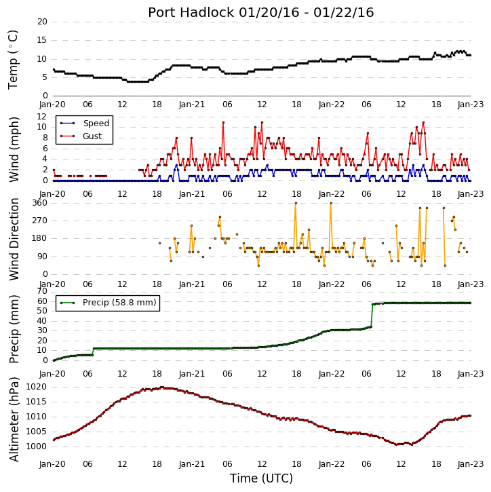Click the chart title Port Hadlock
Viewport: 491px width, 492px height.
(191, 12)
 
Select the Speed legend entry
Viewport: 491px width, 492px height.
(85, 124)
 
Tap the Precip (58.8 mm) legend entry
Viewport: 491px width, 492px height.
(109, 303)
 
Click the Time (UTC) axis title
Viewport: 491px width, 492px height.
(261, 478)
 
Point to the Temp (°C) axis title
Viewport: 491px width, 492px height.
(13, 60)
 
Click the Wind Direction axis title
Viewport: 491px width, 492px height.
(14, 239)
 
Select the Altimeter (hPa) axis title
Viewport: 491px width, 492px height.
(14, 419)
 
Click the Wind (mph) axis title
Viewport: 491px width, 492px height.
(14, 149)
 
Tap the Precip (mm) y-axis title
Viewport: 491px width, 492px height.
(14, 329)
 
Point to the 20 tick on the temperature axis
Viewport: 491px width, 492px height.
(42, 22)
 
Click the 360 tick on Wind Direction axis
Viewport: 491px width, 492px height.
(40, 203)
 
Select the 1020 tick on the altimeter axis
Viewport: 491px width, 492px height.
(37, 387)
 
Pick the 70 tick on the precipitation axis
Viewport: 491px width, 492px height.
(42, 291)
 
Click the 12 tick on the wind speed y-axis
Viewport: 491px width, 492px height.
(42, 117)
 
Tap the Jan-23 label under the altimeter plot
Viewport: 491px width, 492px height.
(471, 463)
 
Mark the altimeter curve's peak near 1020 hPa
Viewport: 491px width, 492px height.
(162, 387)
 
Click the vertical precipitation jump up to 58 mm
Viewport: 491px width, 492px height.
(372, 316)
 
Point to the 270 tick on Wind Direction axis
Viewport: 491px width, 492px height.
(40, 221)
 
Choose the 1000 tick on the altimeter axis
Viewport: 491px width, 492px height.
(37, 447)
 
